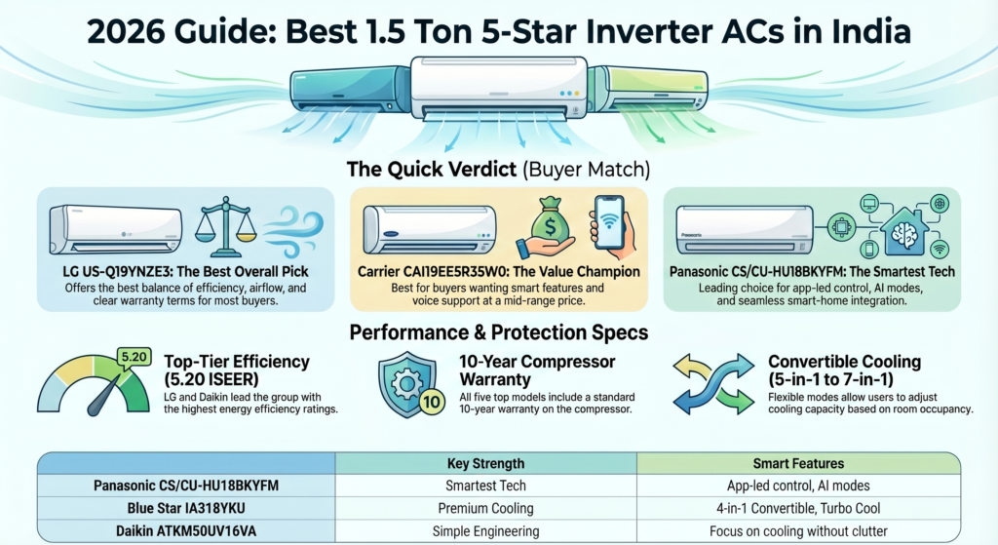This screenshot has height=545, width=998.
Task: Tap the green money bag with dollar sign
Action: point(549,225)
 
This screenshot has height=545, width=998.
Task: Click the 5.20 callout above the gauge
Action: point(134,358)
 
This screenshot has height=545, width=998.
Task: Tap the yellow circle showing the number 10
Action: point(431,402)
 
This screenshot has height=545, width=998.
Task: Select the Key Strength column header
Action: point(485,463)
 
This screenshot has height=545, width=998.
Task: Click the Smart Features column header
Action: point(798,463)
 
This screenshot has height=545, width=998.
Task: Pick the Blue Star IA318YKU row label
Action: point(186,508)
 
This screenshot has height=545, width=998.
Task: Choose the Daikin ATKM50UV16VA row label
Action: point(186,531)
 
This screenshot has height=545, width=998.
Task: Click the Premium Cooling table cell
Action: point(485,508)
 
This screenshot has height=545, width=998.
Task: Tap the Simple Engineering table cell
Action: point(485,531)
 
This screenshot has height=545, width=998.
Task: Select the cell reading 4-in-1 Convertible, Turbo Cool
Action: point(798,508)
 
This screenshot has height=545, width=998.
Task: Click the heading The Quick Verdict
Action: point(432,170)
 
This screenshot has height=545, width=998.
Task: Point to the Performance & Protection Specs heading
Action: point(499,332)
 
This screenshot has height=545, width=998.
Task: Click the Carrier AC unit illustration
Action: point(429,230)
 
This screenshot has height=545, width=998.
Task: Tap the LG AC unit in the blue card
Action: point(115,230)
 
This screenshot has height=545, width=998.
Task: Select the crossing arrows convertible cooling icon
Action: point(713,383)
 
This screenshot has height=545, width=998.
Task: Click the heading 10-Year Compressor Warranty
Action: point(537,370)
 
